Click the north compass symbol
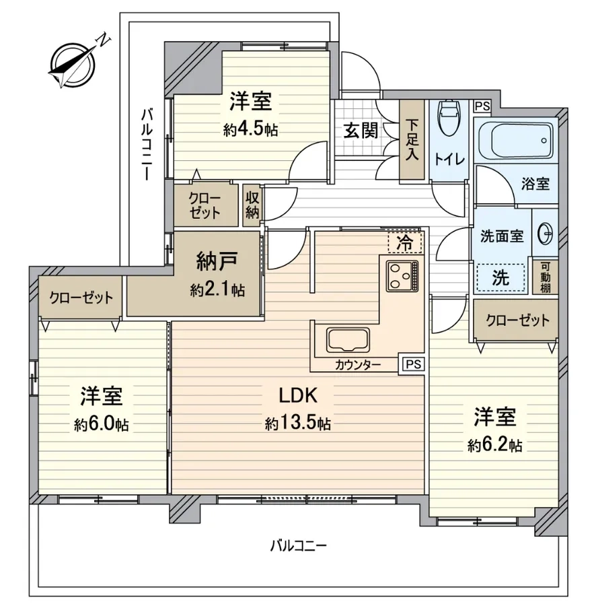73,64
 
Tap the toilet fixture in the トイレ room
449,117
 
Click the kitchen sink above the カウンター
348,340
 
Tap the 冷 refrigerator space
405,242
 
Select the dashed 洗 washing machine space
501,277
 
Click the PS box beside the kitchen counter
414,364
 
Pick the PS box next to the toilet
482,106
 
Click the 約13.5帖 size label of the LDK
298,424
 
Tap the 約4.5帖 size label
250,129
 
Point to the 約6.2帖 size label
494,446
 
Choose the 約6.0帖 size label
101,425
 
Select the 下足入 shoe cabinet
412,140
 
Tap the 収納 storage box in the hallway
252,205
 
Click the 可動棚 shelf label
545,277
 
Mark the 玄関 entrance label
361,130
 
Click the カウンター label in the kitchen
358,364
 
